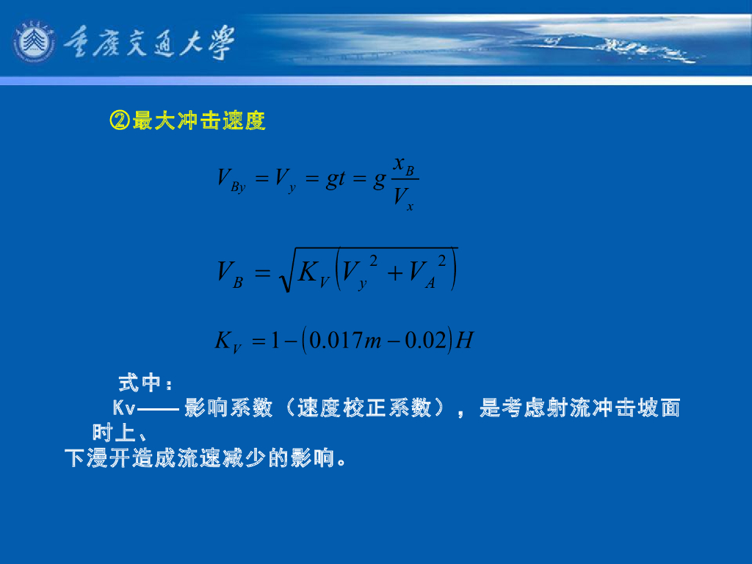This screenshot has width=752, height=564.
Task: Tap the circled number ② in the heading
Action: [x=119, y=120]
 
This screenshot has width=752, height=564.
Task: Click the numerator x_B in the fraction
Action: [x=403, y=165]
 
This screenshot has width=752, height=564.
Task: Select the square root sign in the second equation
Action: [x=283, y=272]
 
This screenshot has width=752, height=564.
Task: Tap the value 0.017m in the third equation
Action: [x=345, y=341]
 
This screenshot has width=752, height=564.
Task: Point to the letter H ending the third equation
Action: [x=464, y=341]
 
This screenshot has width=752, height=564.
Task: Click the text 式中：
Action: [x=145, y=383]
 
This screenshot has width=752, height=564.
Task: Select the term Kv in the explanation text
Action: [x=123, y=408]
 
